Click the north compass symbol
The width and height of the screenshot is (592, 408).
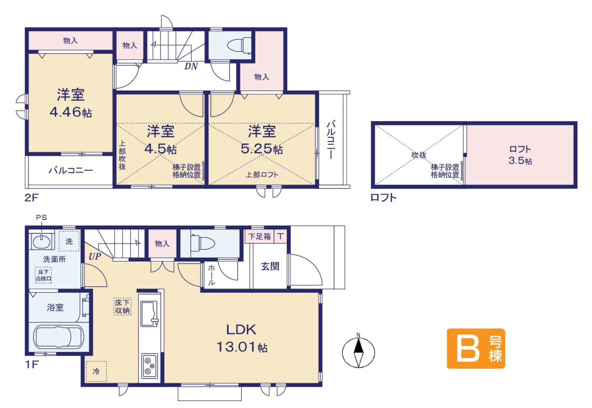pos(358,352)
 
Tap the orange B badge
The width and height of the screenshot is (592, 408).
pos(476,348)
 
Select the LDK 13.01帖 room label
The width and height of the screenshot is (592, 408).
pos(242,338)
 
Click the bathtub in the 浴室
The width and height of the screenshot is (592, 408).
pos(59,336)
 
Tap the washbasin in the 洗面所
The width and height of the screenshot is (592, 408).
pos(41,241)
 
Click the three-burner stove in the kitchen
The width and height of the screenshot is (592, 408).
pos(150,366)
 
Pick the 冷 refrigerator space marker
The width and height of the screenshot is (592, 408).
pos(96,371)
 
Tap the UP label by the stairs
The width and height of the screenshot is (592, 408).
pos(95,257)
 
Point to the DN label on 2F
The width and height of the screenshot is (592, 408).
pos(191,67)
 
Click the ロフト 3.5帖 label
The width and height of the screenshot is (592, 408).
pos(520,155)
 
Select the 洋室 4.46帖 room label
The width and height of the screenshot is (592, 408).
pos(71,103)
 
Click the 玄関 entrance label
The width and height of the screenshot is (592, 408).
pos(270,266)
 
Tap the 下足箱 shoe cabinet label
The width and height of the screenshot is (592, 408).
pos(260,236)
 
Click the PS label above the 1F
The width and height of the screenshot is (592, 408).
pos(41,217)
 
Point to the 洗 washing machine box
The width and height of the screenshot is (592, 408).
pos(69,241)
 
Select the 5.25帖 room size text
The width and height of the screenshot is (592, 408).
pos(262,149)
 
